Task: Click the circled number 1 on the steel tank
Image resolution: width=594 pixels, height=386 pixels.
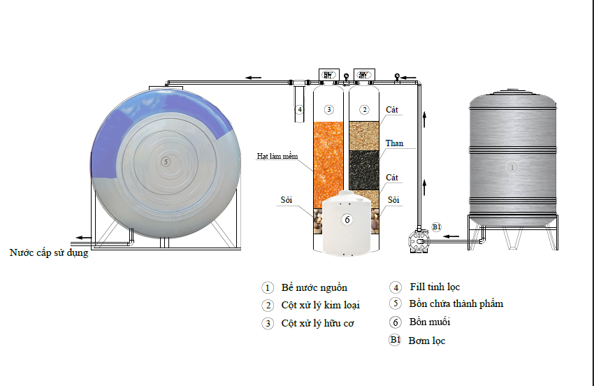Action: pyautogui.click(x=512, y=167)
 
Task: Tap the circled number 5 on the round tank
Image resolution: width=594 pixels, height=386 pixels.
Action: pyautogui.click(x=165, y=162)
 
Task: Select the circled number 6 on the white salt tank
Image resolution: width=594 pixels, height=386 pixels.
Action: pyautogui.click(x=347, y=219)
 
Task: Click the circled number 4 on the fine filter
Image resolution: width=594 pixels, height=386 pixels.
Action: pyautogui.click(x=299, y=109)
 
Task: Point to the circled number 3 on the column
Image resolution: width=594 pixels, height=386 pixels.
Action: pyautogui.click(x=329, y=109)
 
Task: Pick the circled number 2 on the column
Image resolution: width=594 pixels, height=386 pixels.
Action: pyautogui.click(x=364, y=109)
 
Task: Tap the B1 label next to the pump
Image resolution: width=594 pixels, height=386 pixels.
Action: pyautogui.click(x=437, y=227)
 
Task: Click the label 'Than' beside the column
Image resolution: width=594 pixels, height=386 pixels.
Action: pyautogui.click(x=394, y=143)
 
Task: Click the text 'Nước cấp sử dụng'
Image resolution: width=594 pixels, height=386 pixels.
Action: pyautogui.click(x=49, y=252)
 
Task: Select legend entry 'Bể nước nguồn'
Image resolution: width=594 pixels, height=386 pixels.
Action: pyautogui.click(x=314, y=287)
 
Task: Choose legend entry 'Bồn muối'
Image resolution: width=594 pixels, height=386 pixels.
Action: pyautogui.click(x=429, y=322)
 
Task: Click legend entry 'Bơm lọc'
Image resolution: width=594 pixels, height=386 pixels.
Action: pyautogui.click(x=426, y=341)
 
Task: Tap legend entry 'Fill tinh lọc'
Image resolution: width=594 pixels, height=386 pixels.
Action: pyautogui.click(x=434, y=287)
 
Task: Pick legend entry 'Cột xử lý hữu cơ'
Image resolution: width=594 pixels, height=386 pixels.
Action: pyautogui.click(x=317, y=324)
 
